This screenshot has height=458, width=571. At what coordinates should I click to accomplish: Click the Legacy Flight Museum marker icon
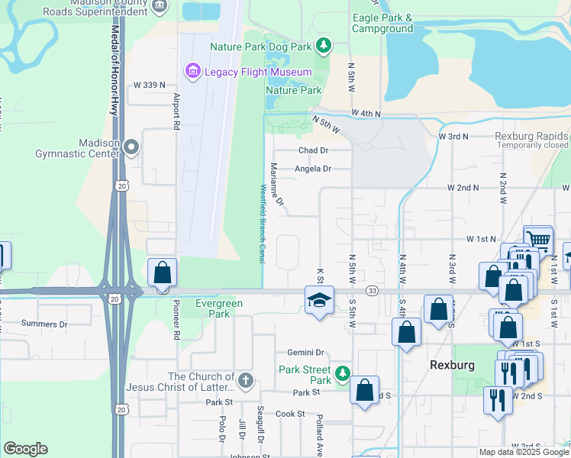192,72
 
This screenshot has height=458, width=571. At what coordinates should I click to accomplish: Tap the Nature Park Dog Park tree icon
324,47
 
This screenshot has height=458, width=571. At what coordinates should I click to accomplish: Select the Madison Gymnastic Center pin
132,147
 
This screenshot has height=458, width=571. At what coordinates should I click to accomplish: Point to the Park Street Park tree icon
343,373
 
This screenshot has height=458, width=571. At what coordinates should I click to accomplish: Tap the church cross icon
245,379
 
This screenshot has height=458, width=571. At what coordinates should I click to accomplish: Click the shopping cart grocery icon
538,240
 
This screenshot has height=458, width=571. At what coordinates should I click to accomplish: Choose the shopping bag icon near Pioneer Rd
163,273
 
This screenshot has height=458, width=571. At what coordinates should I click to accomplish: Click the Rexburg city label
452,365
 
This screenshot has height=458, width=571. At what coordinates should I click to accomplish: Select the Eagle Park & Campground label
382,24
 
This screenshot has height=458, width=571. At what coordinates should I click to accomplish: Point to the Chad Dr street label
313,151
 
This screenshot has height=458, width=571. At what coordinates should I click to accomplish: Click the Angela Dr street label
314,169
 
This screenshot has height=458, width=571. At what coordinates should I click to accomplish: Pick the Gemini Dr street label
306,353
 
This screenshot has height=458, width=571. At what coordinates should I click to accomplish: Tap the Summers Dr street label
44,324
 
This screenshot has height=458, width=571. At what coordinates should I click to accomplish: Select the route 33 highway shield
372,291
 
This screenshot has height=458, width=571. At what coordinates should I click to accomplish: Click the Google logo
25,449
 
